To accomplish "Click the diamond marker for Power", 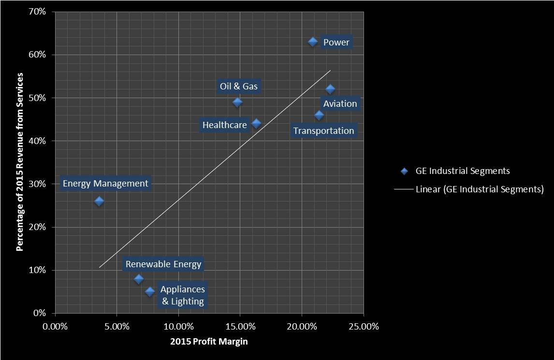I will (x=313, y=42).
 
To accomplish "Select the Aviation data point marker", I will (x=330, y=89).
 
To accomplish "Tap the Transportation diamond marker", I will (x=319, y=115).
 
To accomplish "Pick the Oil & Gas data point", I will (x=237, y=102).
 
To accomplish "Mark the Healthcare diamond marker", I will (x=256, y=123).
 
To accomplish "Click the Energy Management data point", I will (x=99, y=201).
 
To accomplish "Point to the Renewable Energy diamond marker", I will (x=139, y=279).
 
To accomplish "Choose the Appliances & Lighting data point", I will (x=150, y=291).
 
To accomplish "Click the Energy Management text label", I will (x=105, y=184).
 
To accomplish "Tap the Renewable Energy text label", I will (x=163, y=264).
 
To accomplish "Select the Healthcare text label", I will (x=224, y=125).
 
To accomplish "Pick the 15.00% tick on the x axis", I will (x=240, y=326).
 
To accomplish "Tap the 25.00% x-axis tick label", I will (x=363, y=326).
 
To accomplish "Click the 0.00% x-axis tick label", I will (x=55, y=326).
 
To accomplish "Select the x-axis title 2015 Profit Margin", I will (x=209, y=342).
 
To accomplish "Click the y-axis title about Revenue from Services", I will (x=20, y=162).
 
